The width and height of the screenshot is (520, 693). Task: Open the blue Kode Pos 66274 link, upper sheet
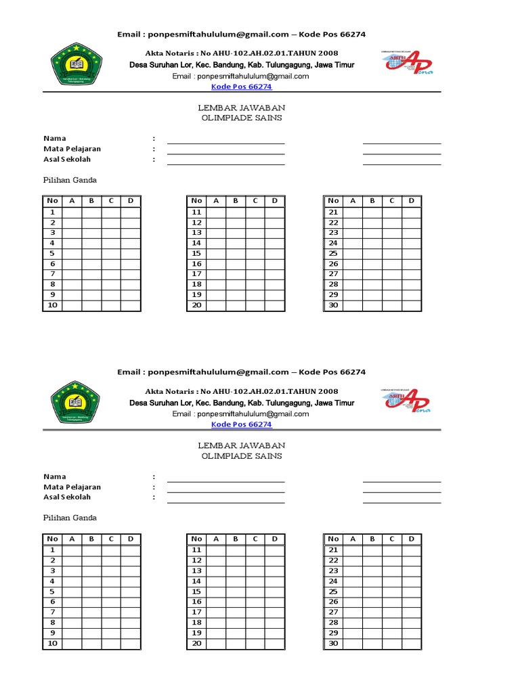pyautogui.click(x=242, y=87)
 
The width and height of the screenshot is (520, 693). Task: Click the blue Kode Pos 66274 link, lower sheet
pyautogui.click(x=242, y=424)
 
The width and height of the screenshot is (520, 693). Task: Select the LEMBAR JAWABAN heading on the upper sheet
pyautogui.click(x=241, y=108)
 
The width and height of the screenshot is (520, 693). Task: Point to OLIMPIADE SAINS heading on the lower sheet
pyautogui.click(x=241, y=456)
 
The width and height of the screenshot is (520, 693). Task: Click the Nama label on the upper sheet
pyautogui.click(x=55, y=138)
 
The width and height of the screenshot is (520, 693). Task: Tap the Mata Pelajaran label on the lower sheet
pyautogui.click(x=72, y=487)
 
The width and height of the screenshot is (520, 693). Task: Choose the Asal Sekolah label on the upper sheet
pyautogui.click(x=67, y=159)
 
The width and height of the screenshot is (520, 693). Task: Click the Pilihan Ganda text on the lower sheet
pyautogui.click(x=70, y=518)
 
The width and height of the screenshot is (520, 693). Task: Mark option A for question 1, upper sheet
pyautogui.click(x=72, y=212)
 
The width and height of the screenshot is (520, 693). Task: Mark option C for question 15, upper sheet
pyautogui.click(x=255, y=253)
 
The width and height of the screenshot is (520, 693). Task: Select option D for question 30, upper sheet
pyautogui.click(x=411, y=305)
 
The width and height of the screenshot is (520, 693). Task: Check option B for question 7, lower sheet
pyautogui.click(x=91, y=612)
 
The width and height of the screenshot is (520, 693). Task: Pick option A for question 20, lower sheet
pyautogui.click(x=216, y=643)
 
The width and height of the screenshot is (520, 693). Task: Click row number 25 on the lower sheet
pyautogui.click(x=333, y=591)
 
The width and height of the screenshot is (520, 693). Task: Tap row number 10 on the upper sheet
pyautogui.click(x=52, y=305)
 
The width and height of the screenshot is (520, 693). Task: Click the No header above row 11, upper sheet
pyautogui.click(x=196, y=200)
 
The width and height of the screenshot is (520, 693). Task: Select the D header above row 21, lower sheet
pyautogui.click(x=411, y=539)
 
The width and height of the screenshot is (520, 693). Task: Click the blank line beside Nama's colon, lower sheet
pyautogui.click(x=226, y=481)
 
